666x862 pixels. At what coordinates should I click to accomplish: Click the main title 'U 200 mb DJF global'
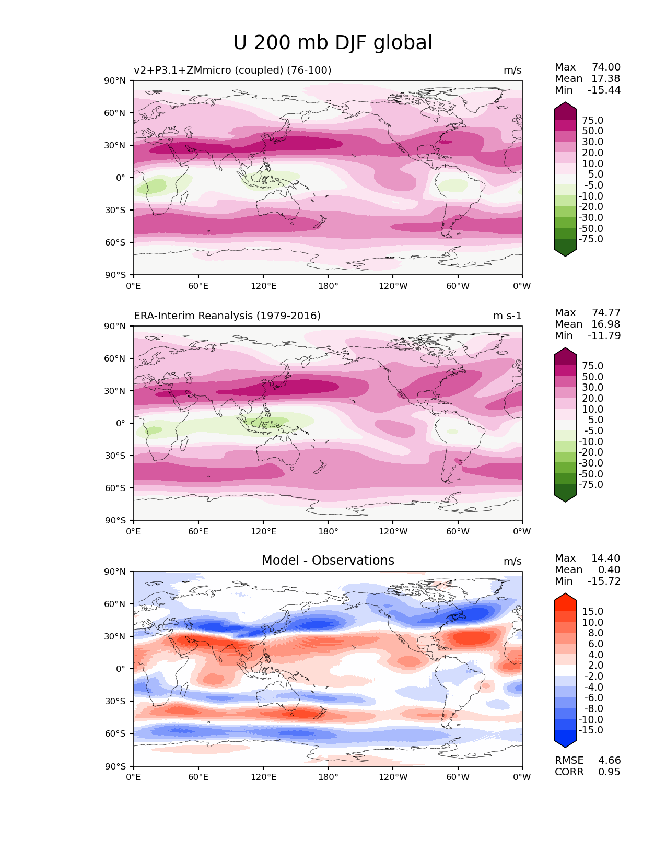click(x=333, y=43)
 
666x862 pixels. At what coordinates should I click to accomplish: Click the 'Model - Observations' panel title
click(x=328, y=561)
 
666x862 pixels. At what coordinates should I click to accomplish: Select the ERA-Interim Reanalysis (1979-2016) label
click(x=227, y=316)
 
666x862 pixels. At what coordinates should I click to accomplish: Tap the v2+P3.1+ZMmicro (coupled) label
click(x=232, y=70)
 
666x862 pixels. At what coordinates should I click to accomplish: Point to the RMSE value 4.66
click(x=609, y=760)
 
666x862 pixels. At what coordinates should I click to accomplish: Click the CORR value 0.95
click(x=609, y=772)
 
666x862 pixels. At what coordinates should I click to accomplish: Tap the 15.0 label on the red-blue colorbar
click(x=592, y=611)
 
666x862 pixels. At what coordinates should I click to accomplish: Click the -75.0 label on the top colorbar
click(x=591, y=239)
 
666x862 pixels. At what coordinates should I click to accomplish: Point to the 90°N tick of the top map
click(x=115, y=80)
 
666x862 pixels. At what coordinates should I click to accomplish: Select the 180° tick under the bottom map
click(x=328, y=777)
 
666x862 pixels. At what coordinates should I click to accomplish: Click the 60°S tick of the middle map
click(x=115, y=488)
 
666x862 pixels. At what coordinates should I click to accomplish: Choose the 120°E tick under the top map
click(x=263, y=286)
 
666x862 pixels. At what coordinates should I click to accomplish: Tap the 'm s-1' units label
click(x=507, y=316)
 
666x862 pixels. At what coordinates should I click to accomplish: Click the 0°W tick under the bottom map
click(x=522, y=777)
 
